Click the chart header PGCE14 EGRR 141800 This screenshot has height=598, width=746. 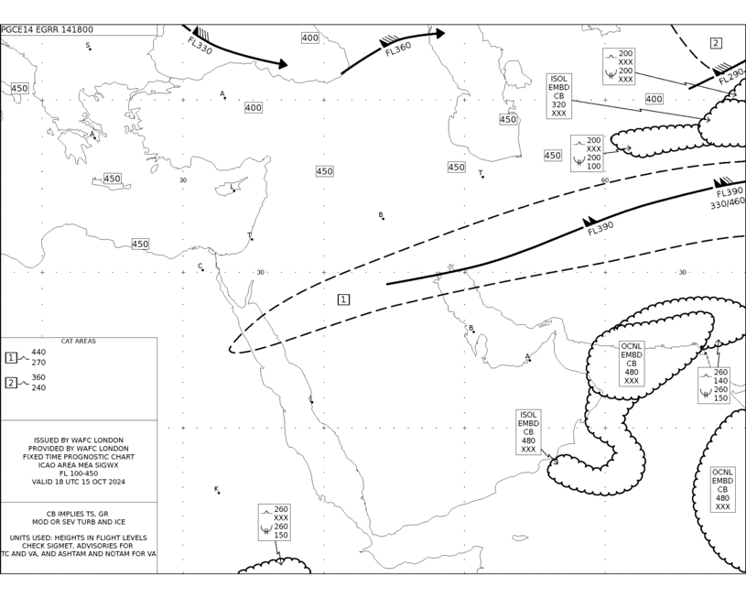pyautogui.click(x=47, y=29)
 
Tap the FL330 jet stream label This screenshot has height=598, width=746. pyautogui.click(x=200, y=46)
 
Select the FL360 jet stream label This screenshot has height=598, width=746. pyautogui.click(x=398, y=49)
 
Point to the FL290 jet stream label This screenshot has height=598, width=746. pyautogui.click(x=730, y=77)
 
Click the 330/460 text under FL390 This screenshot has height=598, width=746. pyautogui.click(x=728, y=203)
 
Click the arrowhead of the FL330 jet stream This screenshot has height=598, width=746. pyautogui.click(x=283, y=64)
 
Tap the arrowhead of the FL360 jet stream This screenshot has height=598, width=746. pyautogui.click(x=440, y=33)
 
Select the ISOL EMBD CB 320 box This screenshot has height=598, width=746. pyautogui.click(x=559, y=96)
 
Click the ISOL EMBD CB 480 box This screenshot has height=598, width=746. pyautogui.click(x=528, y=432)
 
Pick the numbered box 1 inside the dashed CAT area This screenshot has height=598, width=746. pyautogui.click(x=343, y=299)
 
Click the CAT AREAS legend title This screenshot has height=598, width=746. pyautogui.click(x=79, y=341)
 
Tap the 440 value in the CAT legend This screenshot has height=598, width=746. pyautogui.click(x=38, y=353)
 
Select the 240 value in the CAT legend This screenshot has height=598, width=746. pyautogui.click(x=38, y=387)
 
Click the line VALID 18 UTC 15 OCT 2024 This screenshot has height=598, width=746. pyautogui.click(x=79, y=482)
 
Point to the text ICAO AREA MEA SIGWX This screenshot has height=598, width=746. pyautogui.click(x=79, y=465)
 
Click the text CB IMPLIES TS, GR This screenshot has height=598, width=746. pyautogui.click(x=77, y=514)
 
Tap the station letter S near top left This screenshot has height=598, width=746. pyautogui.click(x=88, y=45)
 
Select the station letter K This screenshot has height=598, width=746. pyautogui.click(x=216, y=489)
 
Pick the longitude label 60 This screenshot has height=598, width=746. pyautogui.click(x=605, y=180)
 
